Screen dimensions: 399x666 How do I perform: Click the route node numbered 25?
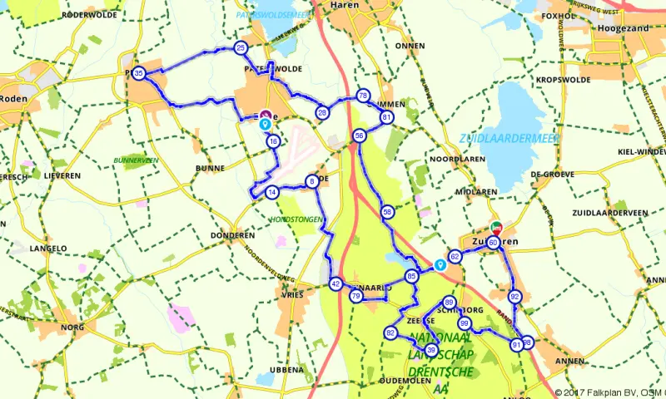241,48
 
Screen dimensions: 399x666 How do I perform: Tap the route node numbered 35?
139,73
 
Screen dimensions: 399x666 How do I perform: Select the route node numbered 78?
362,96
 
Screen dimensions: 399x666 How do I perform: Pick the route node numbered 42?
335,283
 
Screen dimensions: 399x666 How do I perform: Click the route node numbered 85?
411,276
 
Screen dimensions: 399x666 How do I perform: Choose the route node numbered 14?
271,193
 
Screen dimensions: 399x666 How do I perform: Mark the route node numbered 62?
455,257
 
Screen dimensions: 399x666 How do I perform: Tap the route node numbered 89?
450,303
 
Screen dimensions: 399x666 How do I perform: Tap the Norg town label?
73,328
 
